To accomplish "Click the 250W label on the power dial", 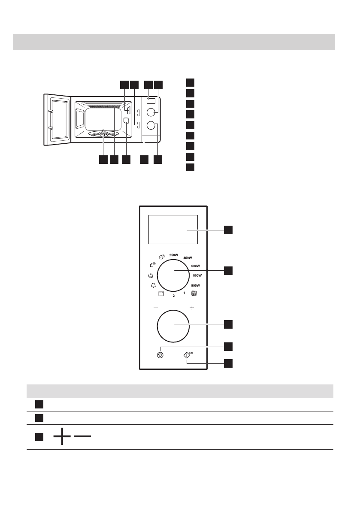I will coord(173,255).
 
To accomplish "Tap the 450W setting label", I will coord(188,258).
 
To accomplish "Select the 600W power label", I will coord(196,266).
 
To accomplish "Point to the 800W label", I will coord(197,275).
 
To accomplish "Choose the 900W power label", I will coord(196,285).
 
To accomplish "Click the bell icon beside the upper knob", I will coord(153,286).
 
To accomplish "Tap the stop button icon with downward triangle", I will coord(160,355).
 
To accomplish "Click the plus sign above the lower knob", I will coord(192,308).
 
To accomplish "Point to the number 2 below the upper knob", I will coord(174,296).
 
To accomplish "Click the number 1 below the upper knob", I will coord(184,293).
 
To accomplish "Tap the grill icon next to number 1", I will coord(194,293).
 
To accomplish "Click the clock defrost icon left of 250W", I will coord(162,257).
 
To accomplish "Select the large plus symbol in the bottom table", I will coord(62,437).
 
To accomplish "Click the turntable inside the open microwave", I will coord(103,134).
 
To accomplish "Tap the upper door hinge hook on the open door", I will coord(50,111).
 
